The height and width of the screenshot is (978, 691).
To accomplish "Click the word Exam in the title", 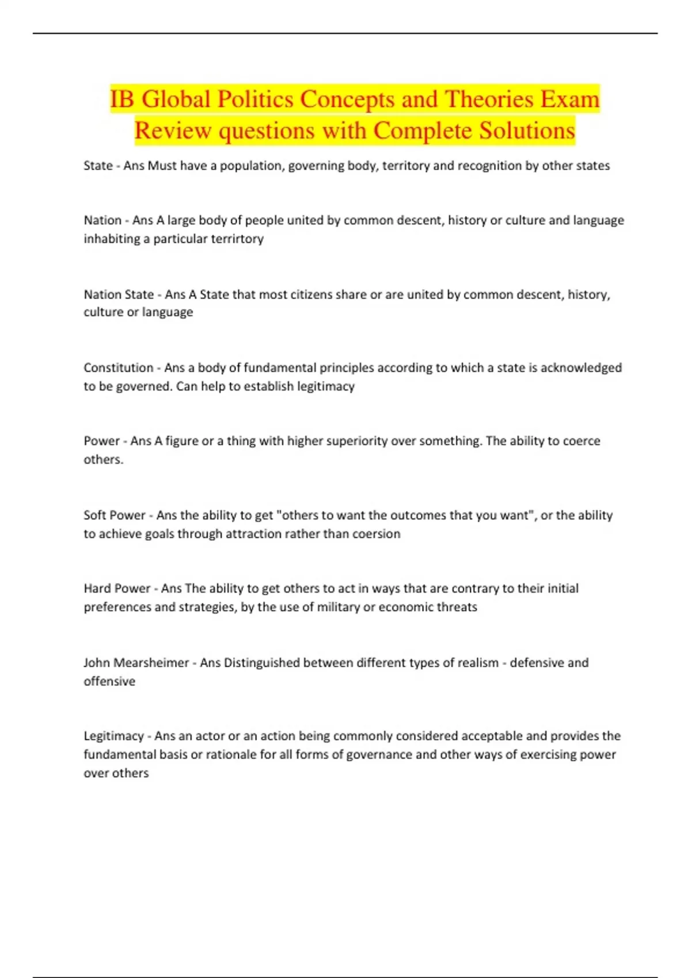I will [569, 100].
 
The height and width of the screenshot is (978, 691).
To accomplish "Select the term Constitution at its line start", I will [118, 368].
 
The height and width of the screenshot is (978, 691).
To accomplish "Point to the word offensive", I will [109, 681].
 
